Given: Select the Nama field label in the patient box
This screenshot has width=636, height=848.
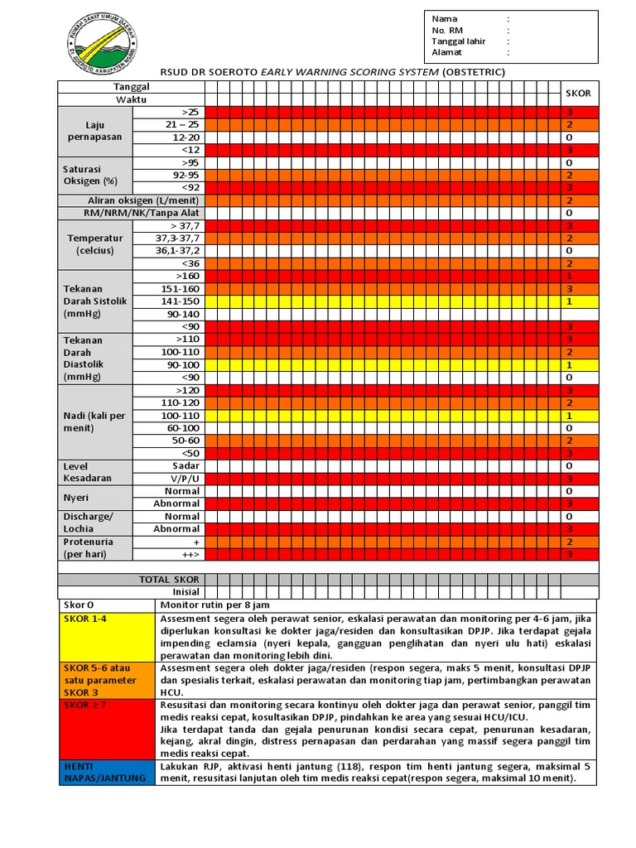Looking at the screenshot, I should coord(444,18).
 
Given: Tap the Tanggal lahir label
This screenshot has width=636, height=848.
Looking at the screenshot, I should coord(458,41).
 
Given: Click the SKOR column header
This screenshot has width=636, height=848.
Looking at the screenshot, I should coord(577,93).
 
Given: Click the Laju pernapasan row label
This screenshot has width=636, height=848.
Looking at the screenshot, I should coord(94,131).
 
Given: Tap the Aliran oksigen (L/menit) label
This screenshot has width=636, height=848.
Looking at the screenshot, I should coord(143,200).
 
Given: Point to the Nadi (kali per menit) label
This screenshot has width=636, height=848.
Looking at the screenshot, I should coord(94,422).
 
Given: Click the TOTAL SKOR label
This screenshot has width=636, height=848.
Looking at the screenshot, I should coord(169,580).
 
